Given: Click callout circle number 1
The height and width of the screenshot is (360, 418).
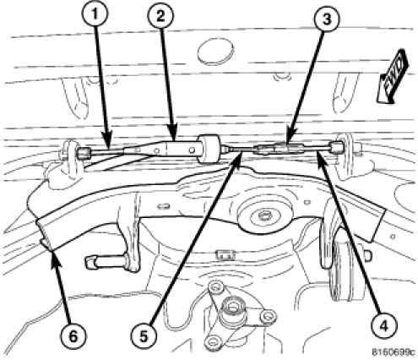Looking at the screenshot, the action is [x=95, y=14].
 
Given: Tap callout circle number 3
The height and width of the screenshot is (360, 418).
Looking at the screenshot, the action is [x=327, y=19].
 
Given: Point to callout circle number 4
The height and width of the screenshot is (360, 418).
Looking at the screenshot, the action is [x=383, y=326].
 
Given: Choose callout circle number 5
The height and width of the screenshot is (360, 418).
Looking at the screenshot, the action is [x=144, y=336].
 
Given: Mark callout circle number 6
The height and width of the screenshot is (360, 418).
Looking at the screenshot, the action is [x=73, y=336].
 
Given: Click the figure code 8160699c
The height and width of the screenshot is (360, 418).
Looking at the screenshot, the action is [x=393, y=352].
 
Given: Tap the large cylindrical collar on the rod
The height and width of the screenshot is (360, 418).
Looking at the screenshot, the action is [x=209, y=149].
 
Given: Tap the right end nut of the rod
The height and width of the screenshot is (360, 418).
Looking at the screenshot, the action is [x=335, y=147].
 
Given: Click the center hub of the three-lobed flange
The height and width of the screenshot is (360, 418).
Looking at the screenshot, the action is [x=232, y=308].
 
